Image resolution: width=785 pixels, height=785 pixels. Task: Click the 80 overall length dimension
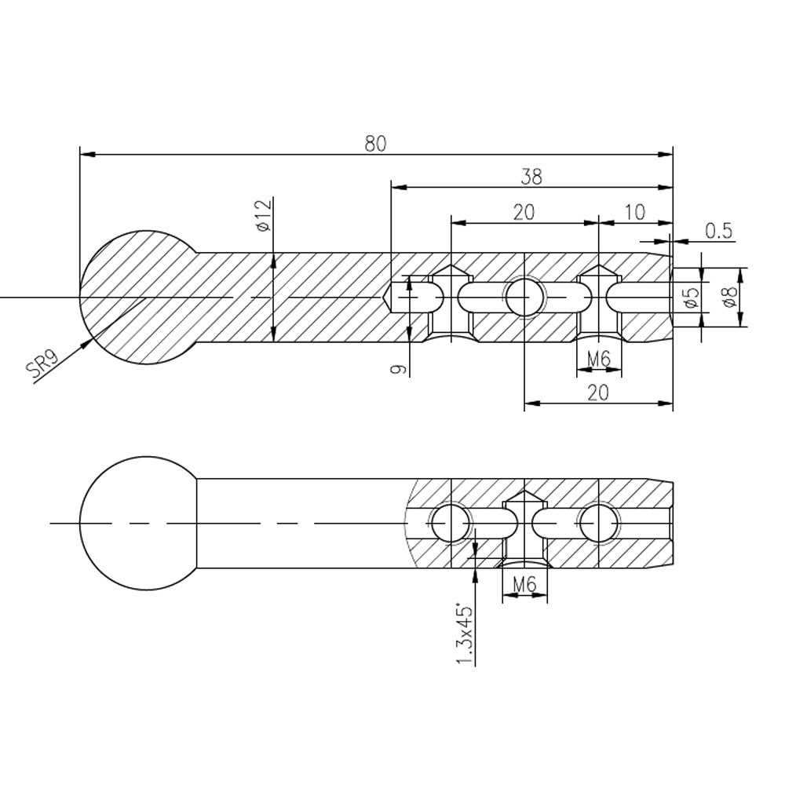(x=375, y=144)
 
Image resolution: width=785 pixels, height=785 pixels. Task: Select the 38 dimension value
(x=531, y=177)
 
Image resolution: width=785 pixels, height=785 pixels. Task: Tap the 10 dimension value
(x=635, y=212)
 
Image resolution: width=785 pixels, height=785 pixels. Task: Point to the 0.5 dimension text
(x=718, y=231)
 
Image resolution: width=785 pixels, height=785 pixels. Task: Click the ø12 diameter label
(x=264, y=215)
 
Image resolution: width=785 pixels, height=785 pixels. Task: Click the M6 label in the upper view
(x=599, y=358)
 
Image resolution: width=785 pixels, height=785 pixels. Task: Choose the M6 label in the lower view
(x=524, y=584)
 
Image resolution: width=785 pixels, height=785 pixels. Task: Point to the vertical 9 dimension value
(x=399, y=370)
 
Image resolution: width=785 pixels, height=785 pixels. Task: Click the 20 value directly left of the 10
(x=524, y=212)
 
